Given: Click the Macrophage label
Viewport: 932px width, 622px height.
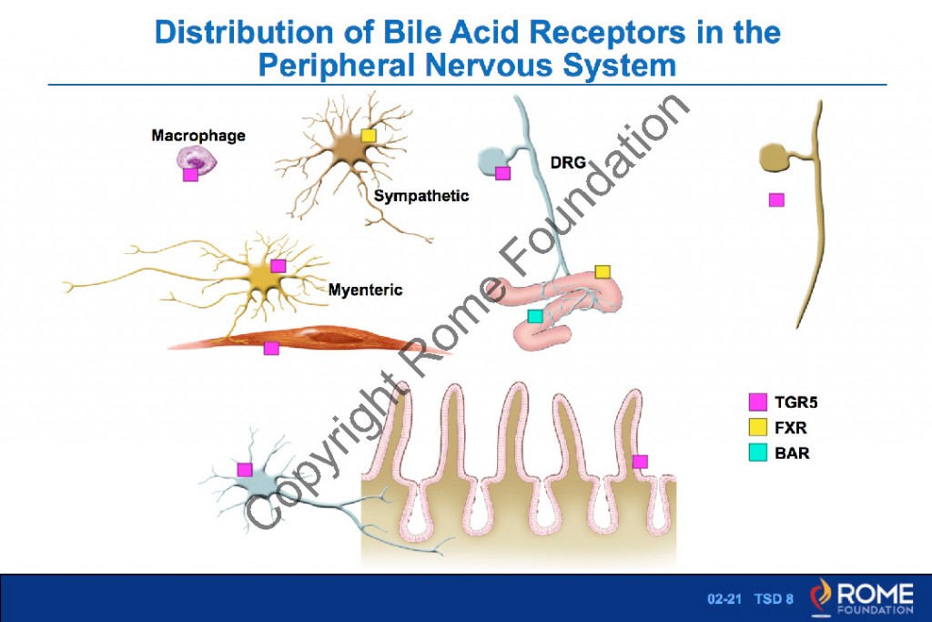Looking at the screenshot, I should (198, 136).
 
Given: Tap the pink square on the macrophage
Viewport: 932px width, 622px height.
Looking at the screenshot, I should (190, 174).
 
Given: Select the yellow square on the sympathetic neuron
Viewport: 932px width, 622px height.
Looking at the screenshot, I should (368, 136).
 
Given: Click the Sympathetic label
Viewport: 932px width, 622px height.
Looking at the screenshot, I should (421, 195).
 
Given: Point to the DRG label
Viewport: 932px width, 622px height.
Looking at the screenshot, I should (568, 163).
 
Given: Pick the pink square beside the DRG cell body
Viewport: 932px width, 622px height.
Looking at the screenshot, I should (502, 173).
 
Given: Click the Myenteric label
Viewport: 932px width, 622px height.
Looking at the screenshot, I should (365, 291).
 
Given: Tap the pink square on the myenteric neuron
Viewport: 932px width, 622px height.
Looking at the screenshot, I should (279, 265).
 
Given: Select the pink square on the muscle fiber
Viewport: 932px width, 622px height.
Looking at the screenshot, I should (270, 348).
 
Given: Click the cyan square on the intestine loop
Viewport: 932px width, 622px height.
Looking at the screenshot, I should (535, 316).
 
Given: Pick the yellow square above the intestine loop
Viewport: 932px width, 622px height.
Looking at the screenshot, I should (602, 271).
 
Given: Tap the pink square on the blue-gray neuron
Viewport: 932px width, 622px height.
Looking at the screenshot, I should (244, 469).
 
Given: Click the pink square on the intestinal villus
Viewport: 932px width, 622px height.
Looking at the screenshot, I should (640, 461).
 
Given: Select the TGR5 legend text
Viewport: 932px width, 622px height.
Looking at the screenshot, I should (790, 402).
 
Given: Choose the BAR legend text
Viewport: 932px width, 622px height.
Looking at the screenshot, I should (787, 451).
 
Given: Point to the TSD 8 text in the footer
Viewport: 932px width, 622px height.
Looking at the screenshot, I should (774, 599).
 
